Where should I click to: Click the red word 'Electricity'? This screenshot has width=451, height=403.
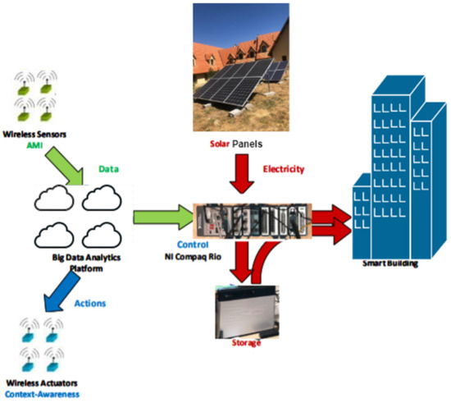[285, 170]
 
